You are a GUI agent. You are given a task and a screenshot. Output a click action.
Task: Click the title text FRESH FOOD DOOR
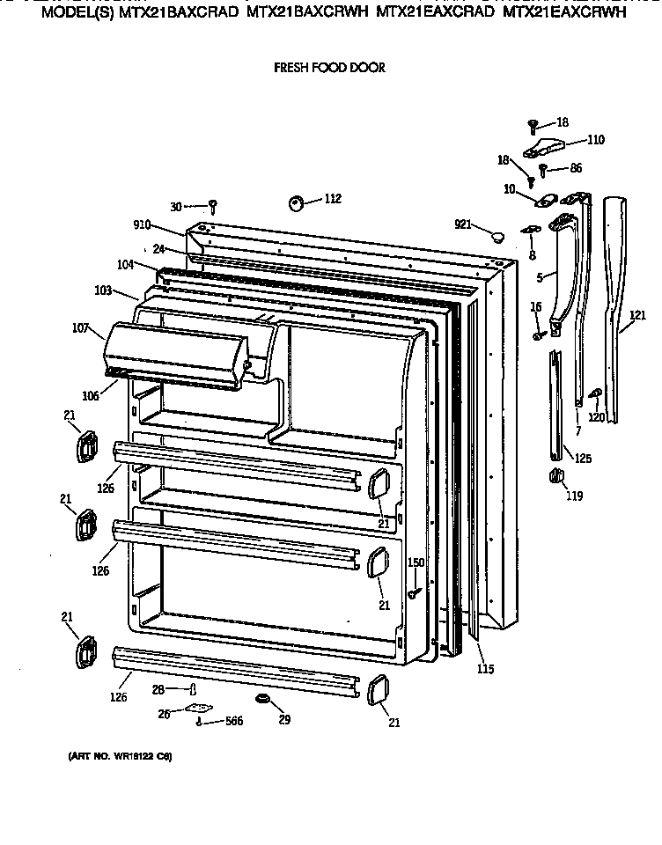point(329,68)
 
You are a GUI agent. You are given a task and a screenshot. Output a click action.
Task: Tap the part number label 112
point(332,199)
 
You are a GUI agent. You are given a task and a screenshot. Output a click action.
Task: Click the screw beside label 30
point(213,207)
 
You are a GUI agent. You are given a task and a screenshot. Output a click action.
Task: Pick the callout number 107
point(81,329)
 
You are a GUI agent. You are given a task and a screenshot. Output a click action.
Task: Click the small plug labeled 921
point(498,235)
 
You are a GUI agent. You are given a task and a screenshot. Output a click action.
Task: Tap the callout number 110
point(595,139)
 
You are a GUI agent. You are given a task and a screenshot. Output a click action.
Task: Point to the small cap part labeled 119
point(555,476)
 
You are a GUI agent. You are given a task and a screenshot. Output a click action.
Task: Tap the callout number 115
point(484,669)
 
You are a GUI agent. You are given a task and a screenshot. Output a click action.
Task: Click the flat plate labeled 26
point(200,709)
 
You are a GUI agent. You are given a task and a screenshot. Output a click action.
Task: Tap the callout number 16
point(535,305)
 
